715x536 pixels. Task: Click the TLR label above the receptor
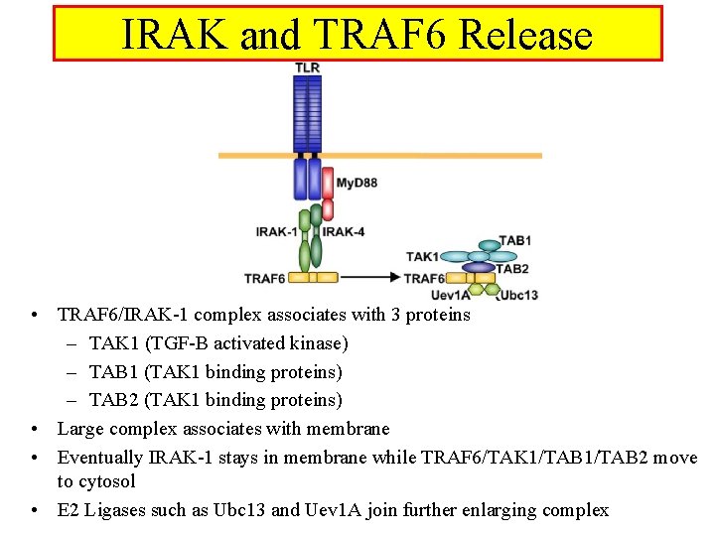307,67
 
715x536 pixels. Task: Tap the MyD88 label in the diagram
357,183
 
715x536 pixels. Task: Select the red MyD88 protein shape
327,183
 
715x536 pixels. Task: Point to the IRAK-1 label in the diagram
276,232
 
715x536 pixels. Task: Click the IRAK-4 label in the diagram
345,232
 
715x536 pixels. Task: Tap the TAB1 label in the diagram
514,240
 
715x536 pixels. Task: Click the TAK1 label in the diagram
422,257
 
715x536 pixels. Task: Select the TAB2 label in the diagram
512,268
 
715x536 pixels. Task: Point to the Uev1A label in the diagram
451,295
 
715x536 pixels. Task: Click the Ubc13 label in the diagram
519,295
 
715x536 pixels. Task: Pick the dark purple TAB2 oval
479,267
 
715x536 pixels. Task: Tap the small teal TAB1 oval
489,244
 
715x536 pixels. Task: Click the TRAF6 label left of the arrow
265,278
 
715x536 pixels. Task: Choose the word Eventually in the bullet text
100,458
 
